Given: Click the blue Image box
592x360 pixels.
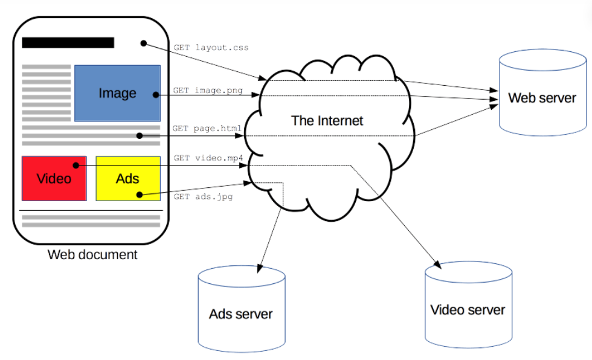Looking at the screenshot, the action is click(117, 93).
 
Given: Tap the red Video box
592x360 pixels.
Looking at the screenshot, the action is click(54, 179).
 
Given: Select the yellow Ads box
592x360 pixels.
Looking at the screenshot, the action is click(128, 179).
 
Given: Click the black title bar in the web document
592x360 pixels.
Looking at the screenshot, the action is click(68, 43).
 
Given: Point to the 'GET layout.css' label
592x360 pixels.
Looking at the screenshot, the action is click(211, 48).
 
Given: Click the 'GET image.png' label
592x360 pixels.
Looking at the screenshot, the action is click(208, 90).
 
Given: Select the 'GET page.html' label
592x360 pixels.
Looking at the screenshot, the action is click(207, 128).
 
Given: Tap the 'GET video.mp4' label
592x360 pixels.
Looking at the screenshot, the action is click(208, 158).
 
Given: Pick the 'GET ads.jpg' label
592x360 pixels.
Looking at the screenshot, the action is click(203, 196).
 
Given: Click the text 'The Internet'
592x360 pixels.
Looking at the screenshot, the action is click(327, 121).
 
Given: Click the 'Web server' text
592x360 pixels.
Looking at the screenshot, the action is click(542, 98).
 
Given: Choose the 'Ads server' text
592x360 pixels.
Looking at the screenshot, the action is click(241, 314).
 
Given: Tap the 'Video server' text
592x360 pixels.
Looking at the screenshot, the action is click(468, 310).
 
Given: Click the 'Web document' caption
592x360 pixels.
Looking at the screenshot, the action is click(92, 255).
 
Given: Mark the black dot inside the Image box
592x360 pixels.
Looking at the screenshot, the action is click(156, 95).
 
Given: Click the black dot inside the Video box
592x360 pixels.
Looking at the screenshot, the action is click(76, 166).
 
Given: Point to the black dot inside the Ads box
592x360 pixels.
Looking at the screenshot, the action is click(140, 194).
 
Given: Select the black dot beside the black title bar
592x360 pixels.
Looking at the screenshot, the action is click(144, 43).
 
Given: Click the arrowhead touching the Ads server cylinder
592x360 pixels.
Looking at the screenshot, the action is click(260, 268).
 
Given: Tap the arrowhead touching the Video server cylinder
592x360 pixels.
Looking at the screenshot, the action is click(437, 265).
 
